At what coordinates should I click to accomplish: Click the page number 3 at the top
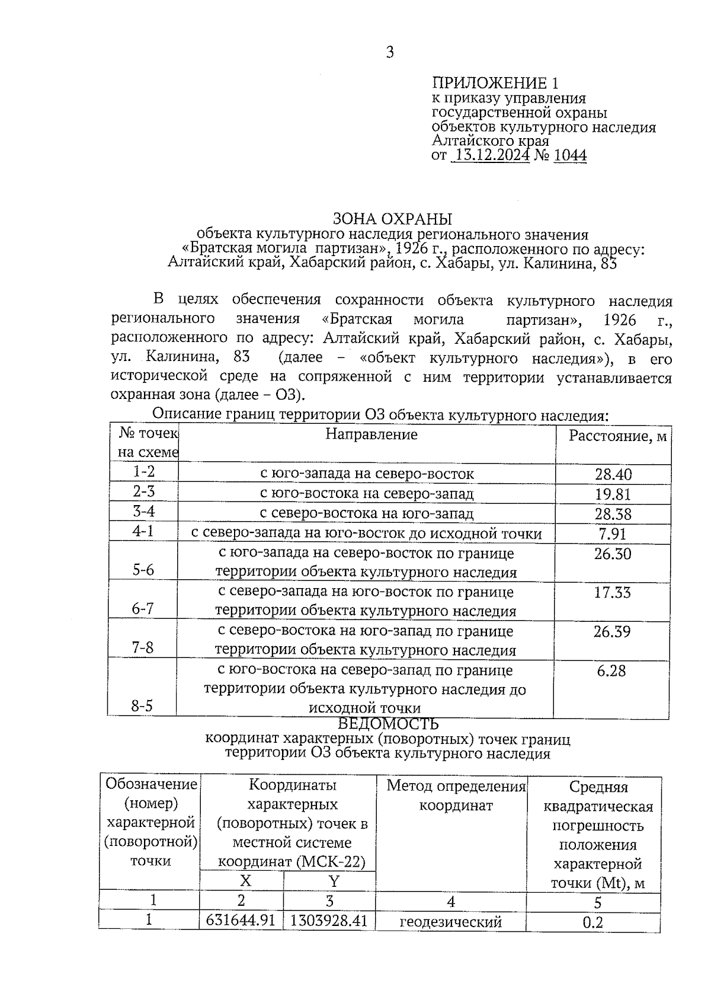[389, 53]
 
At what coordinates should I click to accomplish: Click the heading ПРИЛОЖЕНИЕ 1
[495, 82]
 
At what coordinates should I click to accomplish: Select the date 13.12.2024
[490, 155]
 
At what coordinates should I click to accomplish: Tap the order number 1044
[570, 155]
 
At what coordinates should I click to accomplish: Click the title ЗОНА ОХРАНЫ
[392, 219]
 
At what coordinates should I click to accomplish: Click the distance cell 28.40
[613, 474]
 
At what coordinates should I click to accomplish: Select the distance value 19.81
[613, 494]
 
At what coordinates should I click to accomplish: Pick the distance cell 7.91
[613, 534]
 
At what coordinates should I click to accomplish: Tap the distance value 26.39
[612, 632]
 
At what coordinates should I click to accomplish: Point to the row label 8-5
[142, 706]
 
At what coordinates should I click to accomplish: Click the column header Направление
[371, 435]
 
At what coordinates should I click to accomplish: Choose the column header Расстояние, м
[617, 437]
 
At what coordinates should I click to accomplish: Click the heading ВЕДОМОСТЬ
[388, 724]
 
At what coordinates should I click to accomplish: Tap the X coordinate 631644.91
[241, 921]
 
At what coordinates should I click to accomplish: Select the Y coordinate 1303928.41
[329, 921]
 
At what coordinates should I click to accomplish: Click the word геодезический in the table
[451, 922]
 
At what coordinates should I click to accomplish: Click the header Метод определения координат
[456, 796]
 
